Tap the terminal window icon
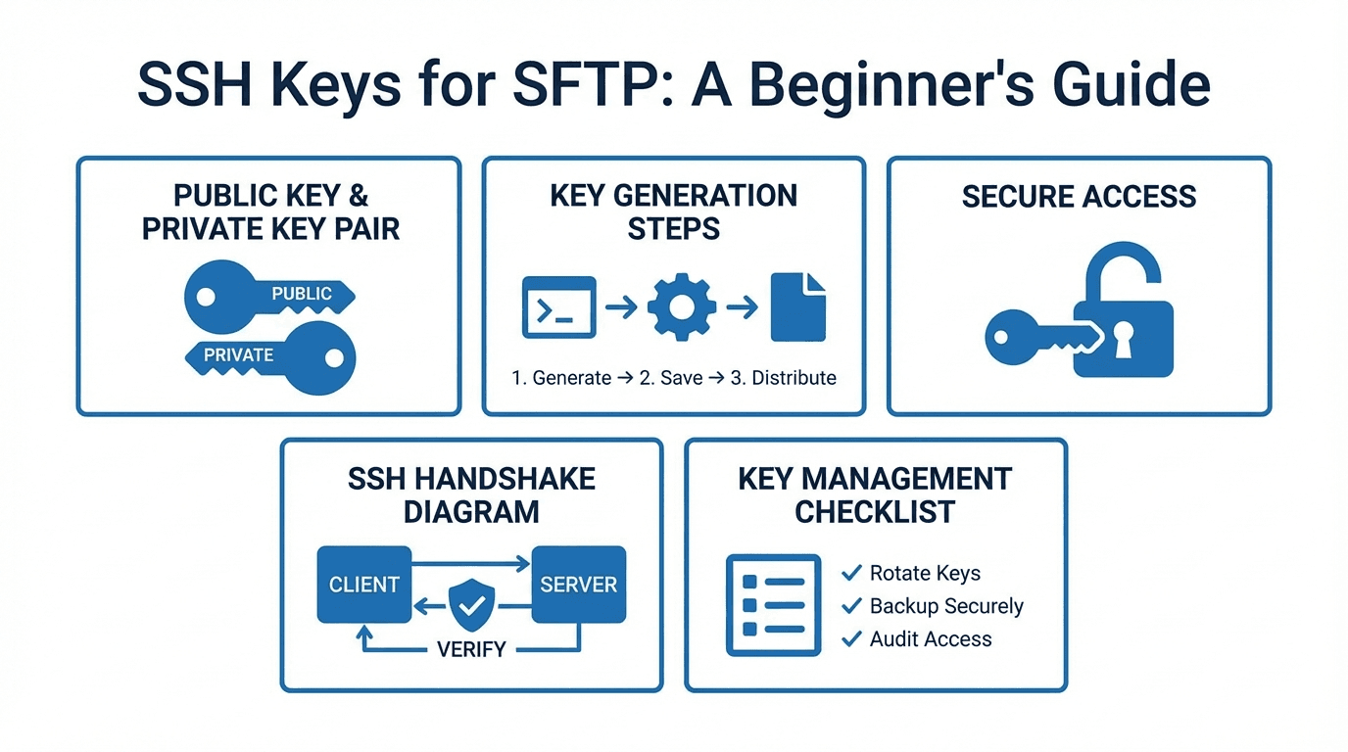pos(558,307)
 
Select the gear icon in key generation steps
pos(682,307)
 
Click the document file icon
pos(798,307)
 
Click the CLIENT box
pos(364,585)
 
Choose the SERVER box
pos(578,585)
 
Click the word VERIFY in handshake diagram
pos(471,649)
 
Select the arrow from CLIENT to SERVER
pos(471,564)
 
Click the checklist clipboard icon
pos(773,604)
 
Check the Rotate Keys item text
pos(925,573)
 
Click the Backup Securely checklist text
pos(945,606)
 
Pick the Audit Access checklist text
pos(930,639)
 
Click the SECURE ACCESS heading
pos(1079,197)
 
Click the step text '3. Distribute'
pos(784,378)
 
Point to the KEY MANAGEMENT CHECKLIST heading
pos(874,495)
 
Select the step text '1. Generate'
pos(561,378)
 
